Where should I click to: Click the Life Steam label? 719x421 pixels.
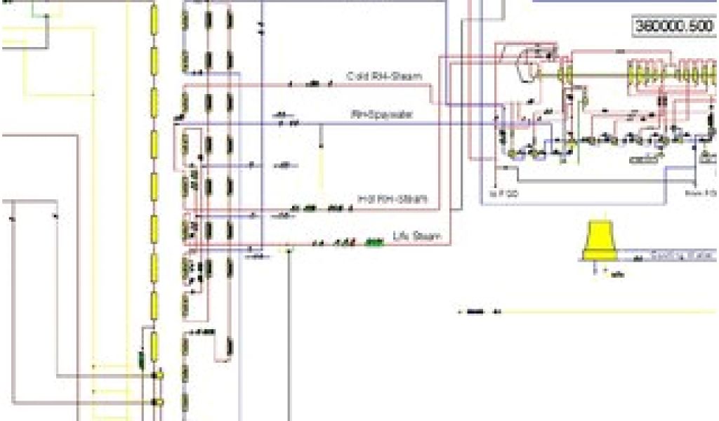(416, 236)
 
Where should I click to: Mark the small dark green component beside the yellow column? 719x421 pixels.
(141, 361)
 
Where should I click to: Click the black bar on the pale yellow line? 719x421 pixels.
(475, 311)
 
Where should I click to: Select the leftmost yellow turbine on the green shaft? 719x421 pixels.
(563, 72)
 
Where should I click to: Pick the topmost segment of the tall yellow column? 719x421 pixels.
(154, 15)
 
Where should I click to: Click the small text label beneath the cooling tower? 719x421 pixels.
(616, 274)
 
